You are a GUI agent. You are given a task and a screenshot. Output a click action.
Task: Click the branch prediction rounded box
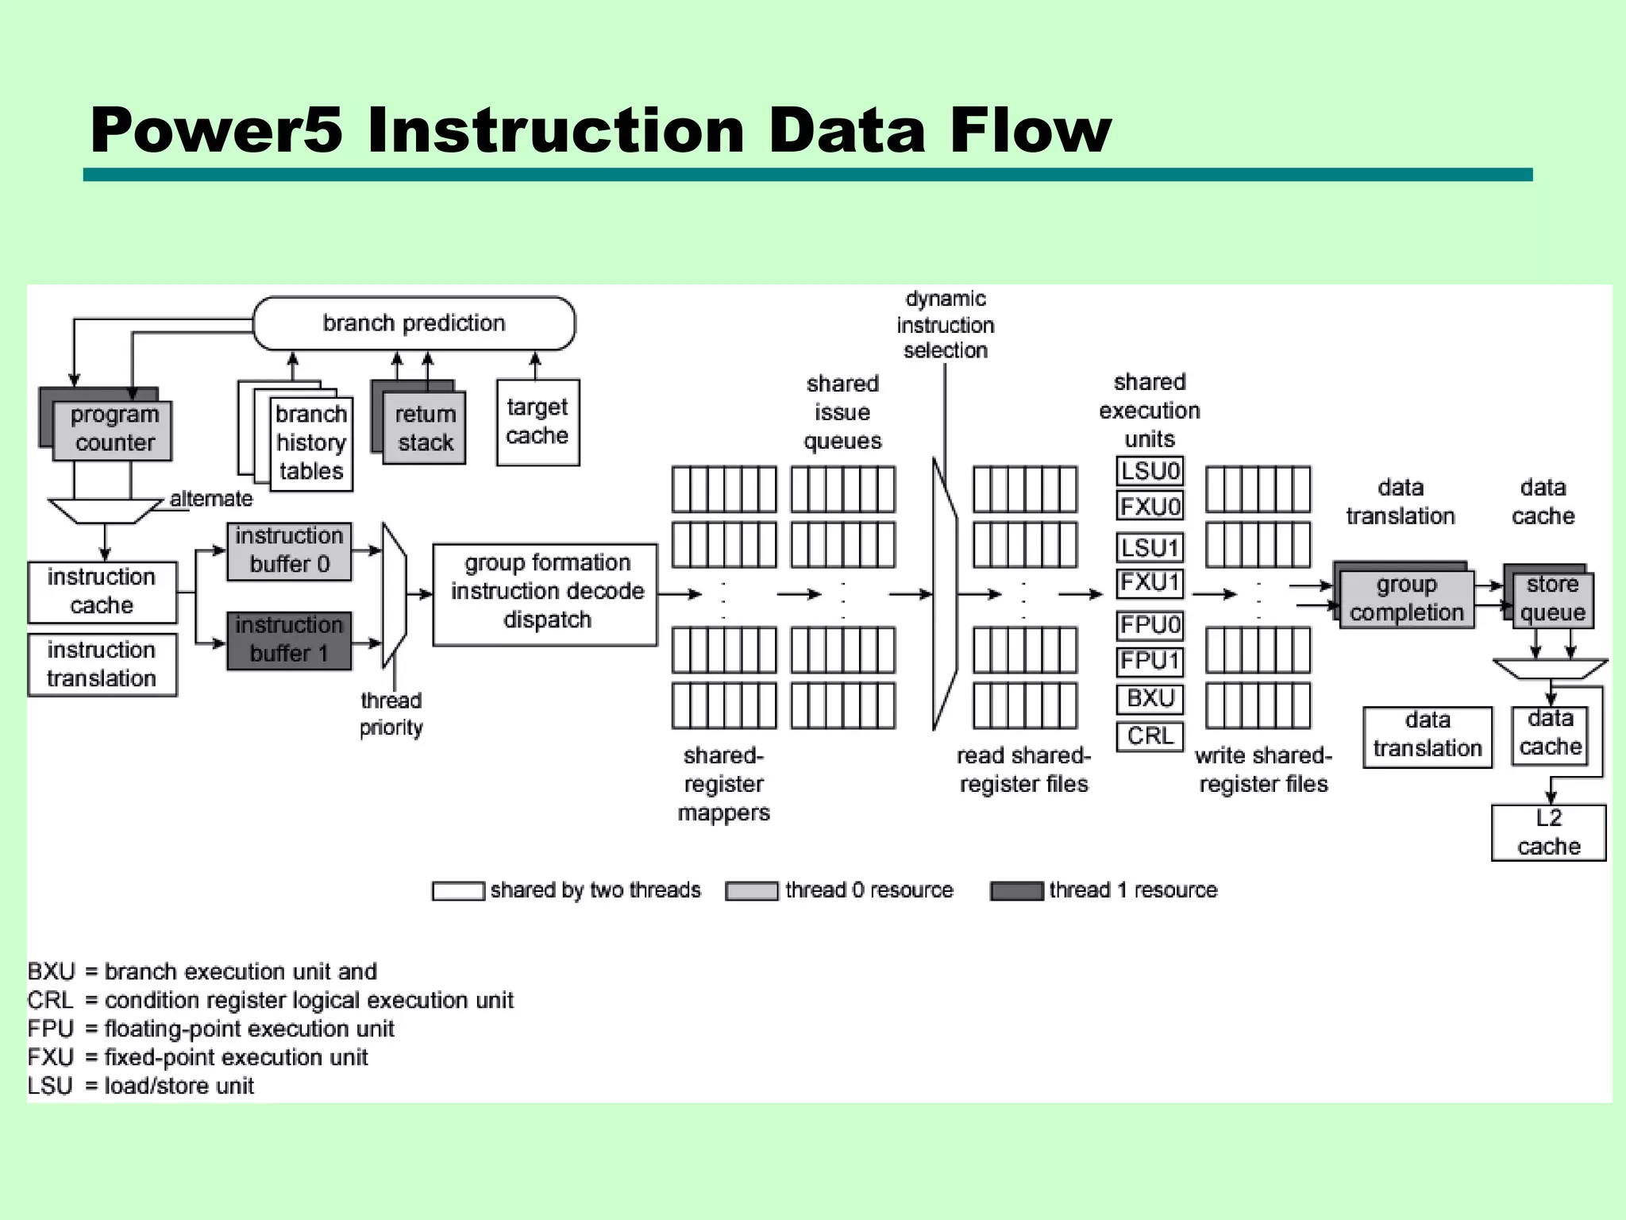point(414,323)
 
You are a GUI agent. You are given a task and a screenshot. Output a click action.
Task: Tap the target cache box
point(538,422)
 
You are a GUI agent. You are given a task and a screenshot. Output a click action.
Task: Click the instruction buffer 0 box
point(289,550)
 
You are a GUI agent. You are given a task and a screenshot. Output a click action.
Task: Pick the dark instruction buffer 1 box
point(289,640)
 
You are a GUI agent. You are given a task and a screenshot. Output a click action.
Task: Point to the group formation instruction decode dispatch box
point(545,593)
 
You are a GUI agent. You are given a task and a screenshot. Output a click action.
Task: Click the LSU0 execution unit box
point(1150,471)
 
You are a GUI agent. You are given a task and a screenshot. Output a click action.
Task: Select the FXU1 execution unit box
point(1150,582)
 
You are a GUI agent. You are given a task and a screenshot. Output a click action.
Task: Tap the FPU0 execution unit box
point(1150,625)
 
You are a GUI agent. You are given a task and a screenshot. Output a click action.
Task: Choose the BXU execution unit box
point(1150,699)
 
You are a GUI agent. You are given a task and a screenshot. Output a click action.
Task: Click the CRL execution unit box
point(1150,735)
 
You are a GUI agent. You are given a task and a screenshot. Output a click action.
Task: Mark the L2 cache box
point(1548,832)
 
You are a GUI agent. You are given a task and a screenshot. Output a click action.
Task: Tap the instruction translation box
point(102,665)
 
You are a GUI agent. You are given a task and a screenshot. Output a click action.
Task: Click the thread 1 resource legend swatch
point(1017,891)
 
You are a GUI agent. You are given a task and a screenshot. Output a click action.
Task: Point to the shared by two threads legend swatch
point(458,891)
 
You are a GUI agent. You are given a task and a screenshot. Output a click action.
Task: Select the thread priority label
point(391,714)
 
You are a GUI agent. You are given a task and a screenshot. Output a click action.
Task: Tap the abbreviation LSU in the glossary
point(49,1086)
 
